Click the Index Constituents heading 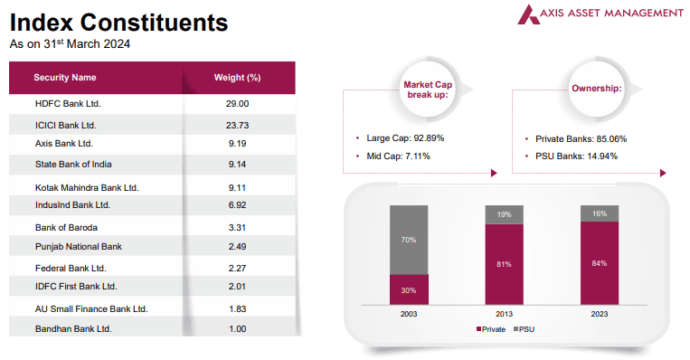point(118,22)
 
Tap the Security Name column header point(65,78)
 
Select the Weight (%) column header point(237,78)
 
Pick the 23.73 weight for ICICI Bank point(237,125)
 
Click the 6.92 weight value point(237,205)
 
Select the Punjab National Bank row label point(78,246)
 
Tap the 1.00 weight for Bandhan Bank point(237,328)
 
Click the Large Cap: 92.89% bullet point(404,138)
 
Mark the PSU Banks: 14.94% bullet point(575,156)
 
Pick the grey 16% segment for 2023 point(599,213)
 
